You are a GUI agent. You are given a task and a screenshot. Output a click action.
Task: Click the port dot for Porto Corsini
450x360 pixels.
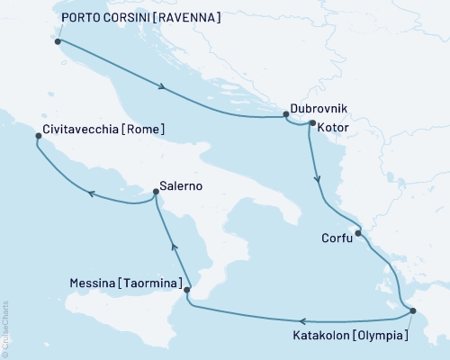point(58,41)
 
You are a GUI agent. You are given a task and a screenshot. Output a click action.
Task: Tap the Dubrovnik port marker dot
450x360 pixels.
point(285,114)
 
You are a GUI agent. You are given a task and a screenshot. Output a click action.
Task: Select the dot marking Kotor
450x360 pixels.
point(312,122)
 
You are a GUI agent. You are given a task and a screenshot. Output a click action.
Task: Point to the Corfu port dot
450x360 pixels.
point(358,234)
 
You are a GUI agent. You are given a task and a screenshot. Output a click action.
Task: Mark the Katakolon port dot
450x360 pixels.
point(412,311)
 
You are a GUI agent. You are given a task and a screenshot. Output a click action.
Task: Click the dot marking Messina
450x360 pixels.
point(187,290)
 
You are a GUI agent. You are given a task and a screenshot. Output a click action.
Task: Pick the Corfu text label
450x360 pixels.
point(336,239)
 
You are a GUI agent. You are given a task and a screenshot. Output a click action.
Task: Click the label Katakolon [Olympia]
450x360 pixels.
point(352,337)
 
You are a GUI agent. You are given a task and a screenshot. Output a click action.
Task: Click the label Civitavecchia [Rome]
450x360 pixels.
point(103,130)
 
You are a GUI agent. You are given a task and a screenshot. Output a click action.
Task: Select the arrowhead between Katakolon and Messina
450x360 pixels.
point(303,321)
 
